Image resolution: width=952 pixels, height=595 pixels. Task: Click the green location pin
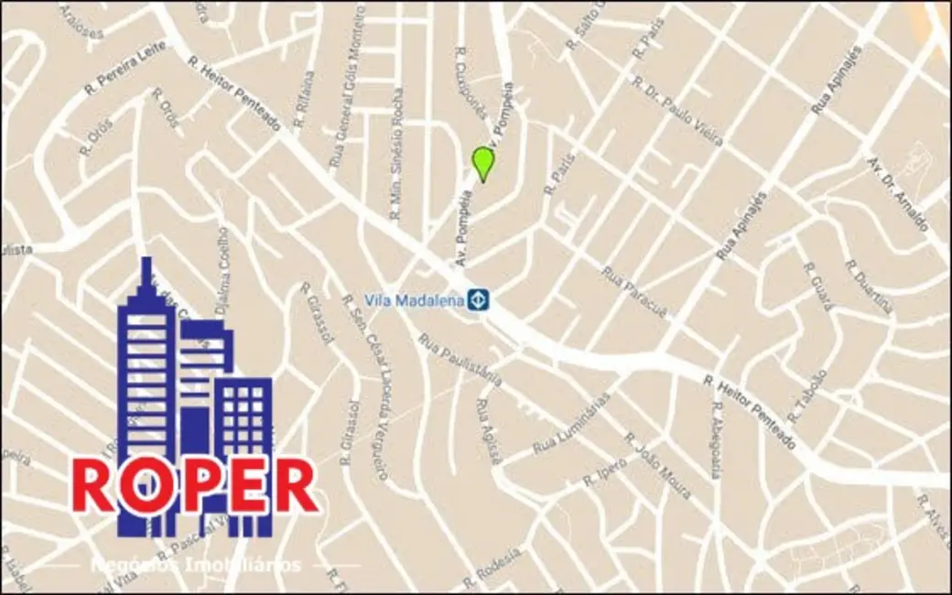point(483,163)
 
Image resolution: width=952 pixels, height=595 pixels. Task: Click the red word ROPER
point(195,486)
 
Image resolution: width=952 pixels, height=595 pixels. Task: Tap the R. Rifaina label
point(304,100)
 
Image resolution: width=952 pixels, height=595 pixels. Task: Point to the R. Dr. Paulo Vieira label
point(677,110)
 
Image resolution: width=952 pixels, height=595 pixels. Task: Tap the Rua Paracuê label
point(633,292)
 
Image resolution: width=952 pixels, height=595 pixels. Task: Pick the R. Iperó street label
point(605,472)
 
